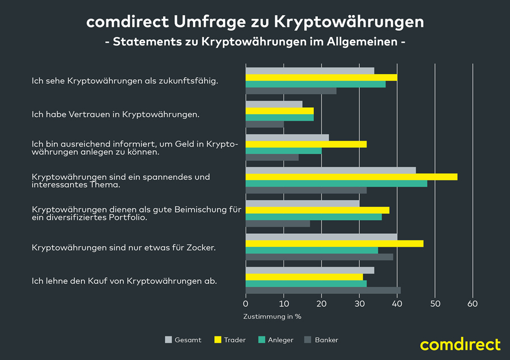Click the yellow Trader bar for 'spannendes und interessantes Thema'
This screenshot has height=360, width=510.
click(x=351, y=177)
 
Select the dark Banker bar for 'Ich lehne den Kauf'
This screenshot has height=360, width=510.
click(x=323, y=290)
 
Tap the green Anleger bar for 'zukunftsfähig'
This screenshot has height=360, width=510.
click(x=316, y=84)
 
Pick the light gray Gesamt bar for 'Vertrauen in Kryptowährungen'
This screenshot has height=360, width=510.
click(x=274, y=104)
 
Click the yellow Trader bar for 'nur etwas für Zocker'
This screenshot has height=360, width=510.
click(x=335, y=243)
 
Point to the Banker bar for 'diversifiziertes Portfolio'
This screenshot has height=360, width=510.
click(x=278, y=224)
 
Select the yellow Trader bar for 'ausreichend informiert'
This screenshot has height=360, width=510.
click(x=306, y=144)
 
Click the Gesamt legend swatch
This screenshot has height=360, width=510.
click(x=168, y=340)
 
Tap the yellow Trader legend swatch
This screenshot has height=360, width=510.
click(x=217, y=340)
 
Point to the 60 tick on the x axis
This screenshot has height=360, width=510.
click(x=472, y=304)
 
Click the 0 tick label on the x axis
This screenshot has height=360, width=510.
click(x=246, y=304)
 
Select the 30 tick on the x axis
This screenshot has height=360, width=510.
click(x=359, y=304)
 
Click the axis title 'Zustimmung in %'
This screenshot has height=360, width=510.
click(x=272, y=316)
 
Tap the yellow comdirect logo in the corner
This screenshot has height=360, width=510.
click(x=460, y=344)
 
